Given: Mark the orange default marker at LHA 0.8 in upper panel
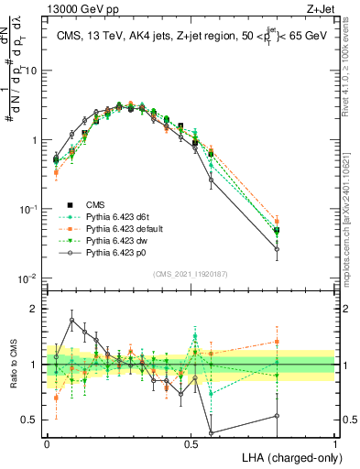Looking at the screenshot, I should tap(277, 221).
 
